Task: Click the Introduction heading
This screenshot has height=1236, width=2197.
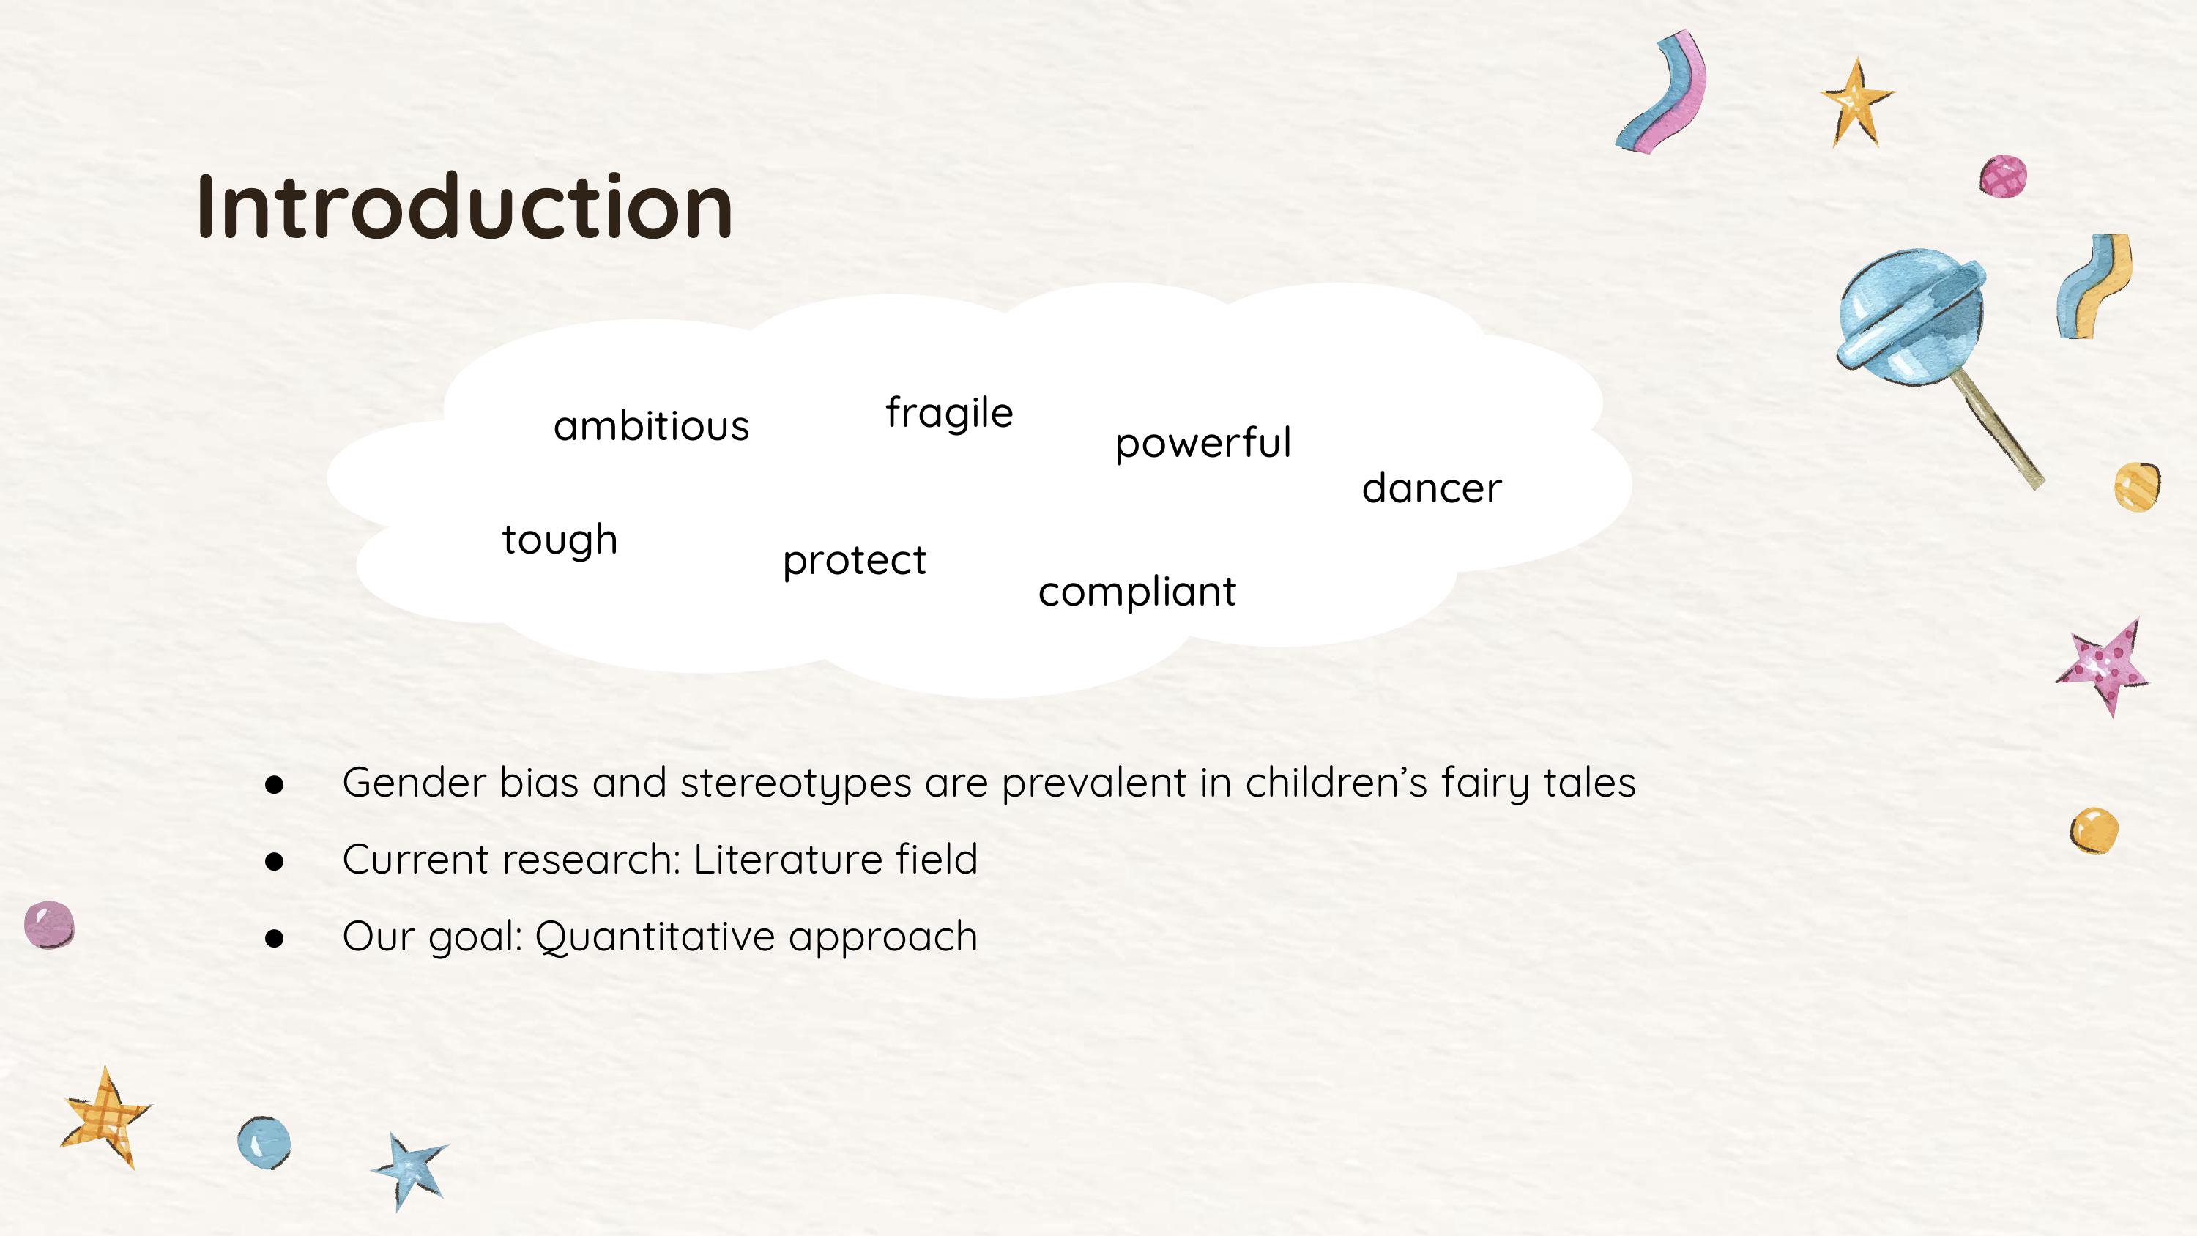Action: [x=465, y=206]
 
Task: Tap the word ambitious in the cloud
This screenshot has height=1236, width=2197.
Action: [x=651, y=425]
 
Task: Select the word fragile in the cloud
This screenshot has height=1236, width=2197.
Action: [x=948, y=414]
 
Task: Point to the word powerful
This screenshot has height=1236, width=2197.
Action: [x=1202, y=444]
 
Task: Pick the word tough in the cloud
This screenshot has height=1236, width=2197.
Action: [x=560, y=540]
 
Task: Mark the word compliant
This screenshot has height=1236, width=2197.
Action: [x=1136, y=592]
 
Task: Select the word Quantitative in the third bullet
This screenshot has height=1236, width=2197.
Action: [x=654, y=937]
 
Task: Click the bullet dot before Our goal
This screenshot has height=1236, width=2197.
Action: [x=274, y=938]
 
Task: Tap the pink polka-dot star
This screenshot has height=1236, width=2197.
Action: [x=2103, y=668]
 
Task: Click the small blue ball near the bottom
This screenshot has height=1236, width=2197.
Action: [x=264, y=1142]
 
